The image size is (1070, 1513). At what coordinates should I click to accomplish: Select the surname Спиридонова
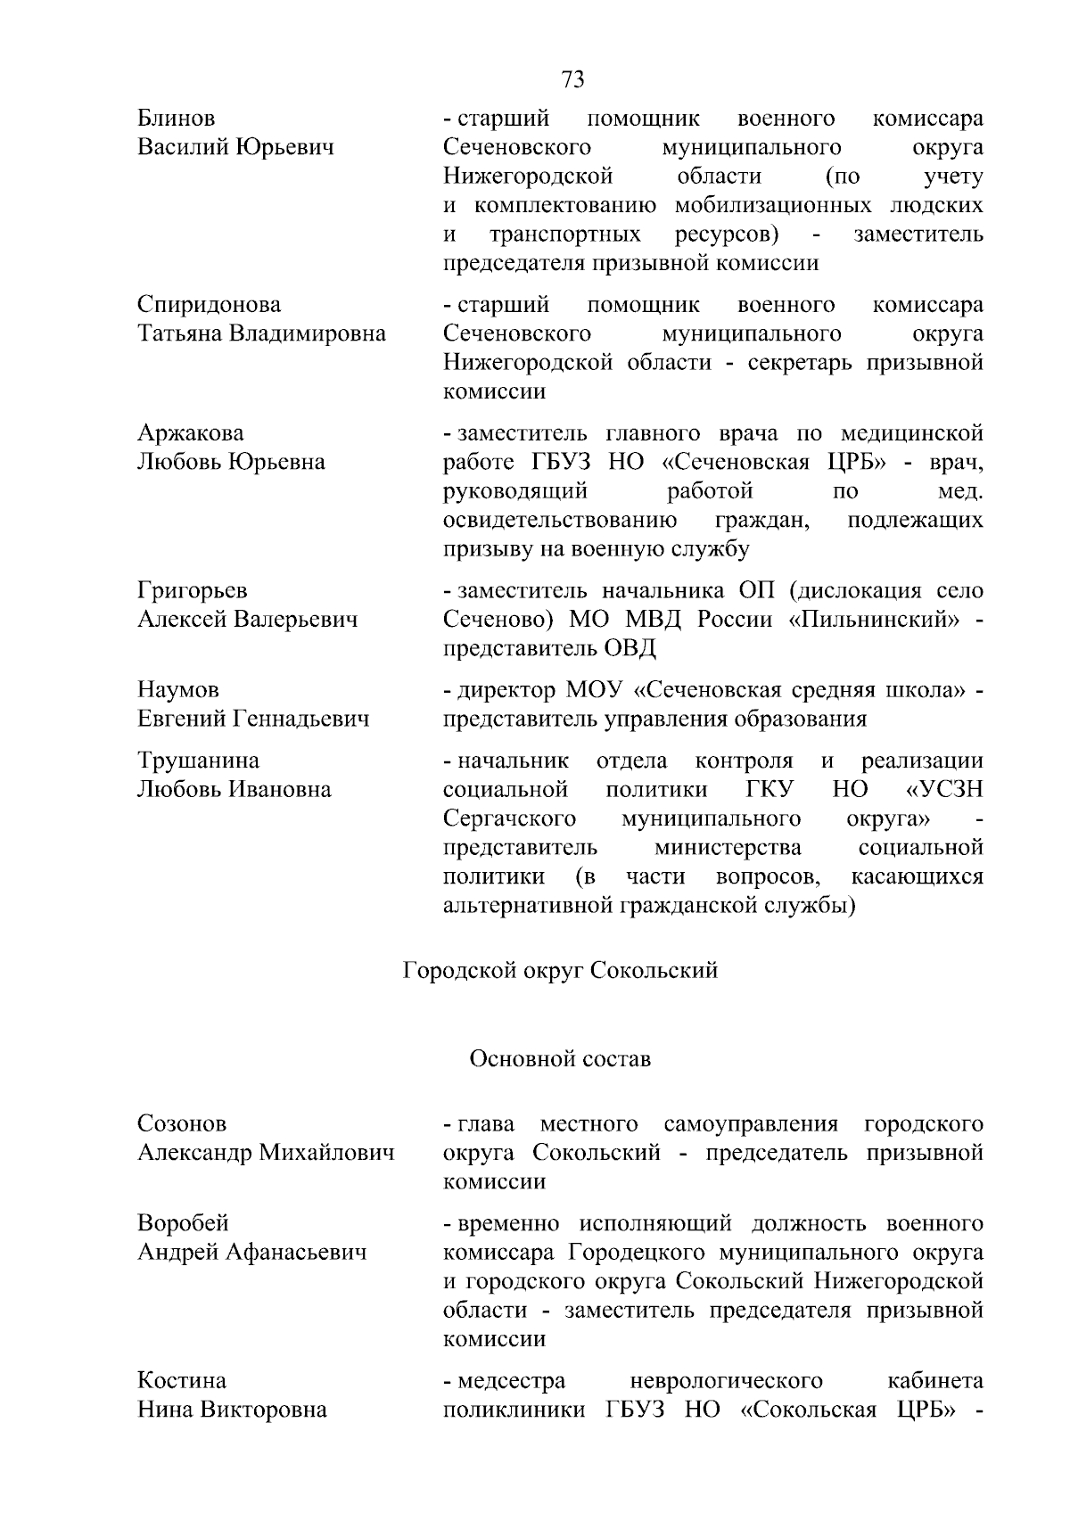tap(209, 305)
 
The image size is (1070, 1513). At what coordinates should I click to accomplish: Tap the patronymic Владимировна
tap(309, 334)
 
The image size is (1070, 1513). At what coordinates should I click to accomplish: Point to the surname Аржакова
tap(190, 433)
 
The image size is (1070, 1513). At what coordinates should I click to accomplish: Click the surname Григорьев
tap(192, 590)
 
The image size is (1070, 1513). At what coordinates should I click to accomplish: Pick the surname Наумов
tap(178, 690)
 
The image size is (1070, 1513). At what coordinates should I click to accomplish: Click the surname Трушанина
tap(198, 761)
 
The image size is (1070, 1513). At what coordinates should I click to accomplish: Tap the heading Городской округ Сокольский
tap(560, 970)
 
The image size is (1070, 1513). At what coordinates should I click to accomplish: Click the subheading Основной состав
tap(560, 1059)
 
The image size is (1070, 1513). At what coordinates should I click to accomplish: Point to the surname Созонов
tap(182, 1123)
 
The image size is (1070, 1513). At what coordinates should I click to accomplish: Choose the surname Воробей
tap(183, 1223)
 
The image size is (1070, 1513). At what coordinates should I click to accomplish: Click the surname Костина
tap(182, 1381)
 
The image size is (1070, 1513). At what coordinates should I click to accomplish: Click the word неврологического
tap(726, 1381)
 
